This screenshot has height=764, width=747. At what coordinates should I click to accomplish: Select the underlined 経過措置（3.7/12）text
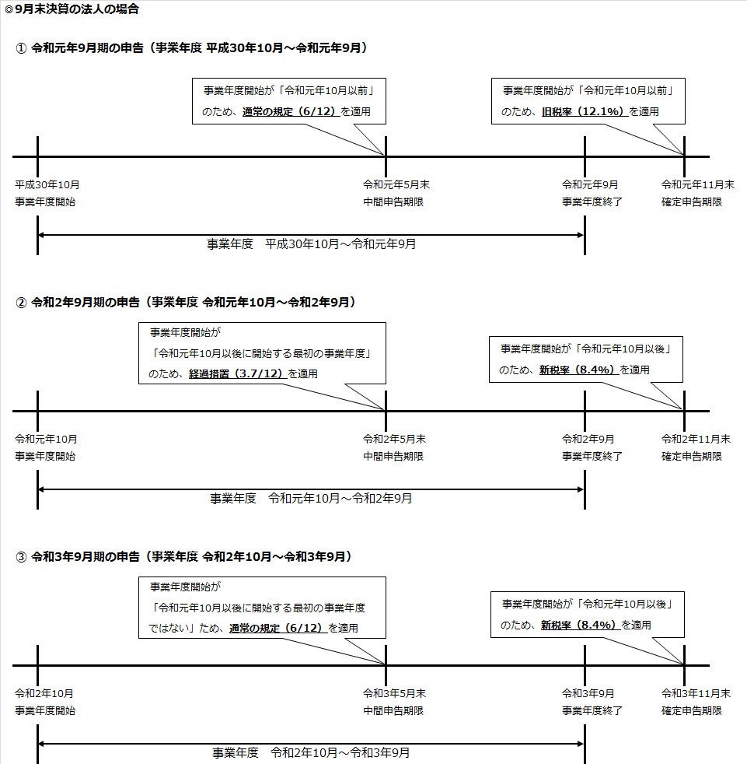coord(237,373)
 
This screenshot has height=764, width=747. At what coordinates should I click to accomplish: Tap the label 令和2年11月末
coord(696,439)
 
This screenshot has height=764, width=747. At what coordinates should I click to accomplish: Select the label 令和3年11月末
coord(696,693)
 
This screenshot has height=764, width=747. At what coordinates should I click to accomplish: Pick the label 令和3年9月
coord(588,693)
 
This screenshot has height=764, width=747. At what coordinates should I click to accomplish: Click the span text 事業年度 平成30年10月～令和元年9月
coord(311,244)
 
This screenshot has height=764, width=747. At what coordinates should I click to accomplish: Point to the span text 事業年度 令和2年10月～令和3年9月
coord(311,752)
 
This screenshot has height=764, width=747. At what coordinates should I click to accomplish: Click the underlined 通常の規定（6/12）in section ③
coord(278,628)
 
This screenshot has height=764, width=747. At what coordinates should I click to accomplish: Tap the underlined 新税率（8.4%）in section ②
coord(579,370)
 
